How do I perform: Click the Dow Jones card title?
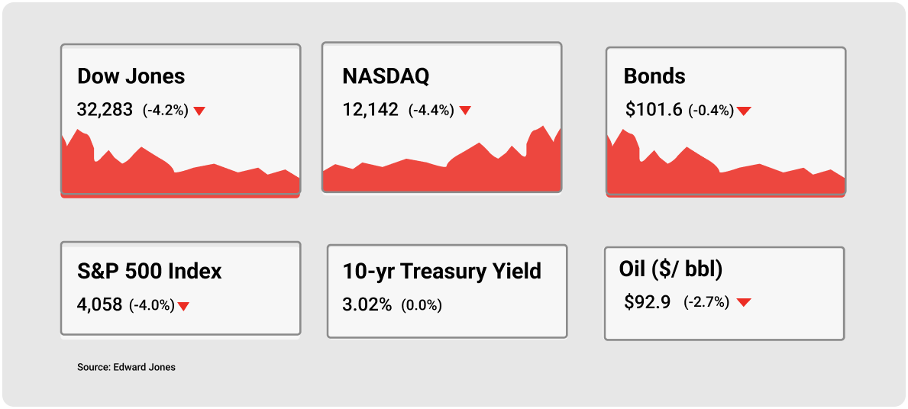[131, 76]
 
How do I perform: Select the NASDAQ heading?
[386, 76]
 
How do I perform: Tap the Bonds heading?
[654, 76]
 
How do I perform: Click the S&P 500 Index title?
[150, 272]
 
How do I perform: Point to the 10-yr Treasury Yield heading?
[442, 272]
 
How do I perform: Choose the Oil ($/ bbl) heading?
[670, 271]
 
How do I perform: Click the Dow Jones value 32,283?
[105, 110]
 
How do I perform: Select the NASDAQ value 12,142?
[370, 110]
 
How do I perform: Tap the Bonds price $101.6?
[654, 110]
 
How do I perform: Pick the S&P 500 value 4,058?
[99, 305]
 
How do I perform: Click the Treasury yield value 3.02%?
[367, 304]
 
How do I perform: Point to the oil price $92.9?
[648, 301]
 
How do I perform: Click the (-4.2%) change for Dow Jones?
[166, 110]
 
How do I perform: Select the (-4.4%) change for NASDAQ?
[431, 110]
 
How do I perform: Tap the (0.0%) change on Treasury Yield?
[422, 305]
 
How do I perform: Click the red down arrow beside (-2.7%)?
[744, 302]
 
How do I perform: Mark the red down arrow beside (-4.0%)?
[183, 307]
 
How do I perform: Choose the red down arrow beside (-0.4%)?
[744, 111]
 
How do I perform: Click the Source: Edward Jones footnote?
[126, 367]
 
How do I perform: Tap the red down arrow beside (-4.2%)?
[199, 111]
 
